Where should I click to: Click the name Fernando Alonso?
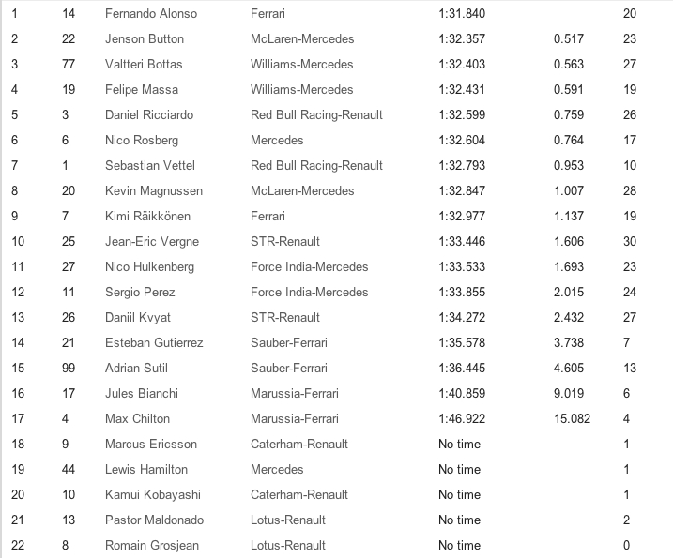(x=150, y=14)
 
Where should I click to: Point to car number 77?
(x=69, y=65)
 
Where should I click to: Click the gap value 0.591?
(x=568, y=90)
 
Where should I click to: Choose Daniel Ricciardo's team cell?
(x=316, y=115)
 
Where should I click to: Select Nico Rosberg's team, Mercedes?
(x=277, y=141)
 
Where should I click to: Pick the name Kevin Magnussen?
(x=154, y=191)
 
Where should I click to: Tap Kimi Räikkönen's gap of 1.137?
(x=568, y=217)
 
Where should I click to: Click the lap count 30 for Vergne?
(x=630, y=242)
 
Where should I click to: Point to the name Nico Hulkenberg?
(x=150, y=267)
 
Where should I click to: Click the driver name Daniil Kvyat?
(x=138, y=318)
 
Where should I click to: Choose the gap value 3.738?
(x=568, y=343)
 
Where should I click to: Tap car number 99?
(x=69, y=369)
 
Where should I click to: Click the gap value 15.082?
(x=571, y=419)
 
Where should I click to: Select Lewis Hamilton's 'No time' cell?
(x=459, y=470)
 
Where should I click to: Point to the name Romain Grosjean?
(x=152, y=546)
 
